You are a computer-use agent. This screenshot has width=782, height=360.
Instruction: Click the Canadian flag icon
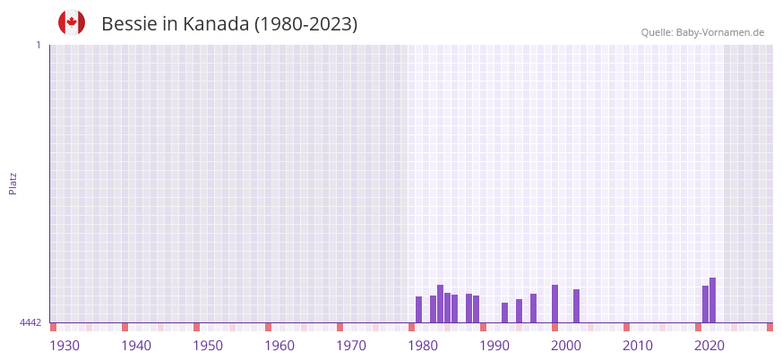pos(72,22)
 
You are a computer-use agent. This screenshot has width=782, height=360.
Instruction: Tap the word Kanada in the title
pos(216,24)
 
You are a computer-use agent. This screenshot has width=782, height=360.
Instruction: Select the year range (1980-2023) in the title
pos(305,24)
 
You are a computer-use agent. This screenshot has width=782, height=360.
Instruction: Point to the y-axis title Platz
pos(13,183)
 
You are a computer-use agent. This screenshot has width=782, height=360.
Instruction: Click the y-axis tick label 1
pos(38,45)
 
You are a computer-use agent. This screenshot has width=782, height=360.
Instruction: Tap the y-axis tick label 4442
pos(30,322)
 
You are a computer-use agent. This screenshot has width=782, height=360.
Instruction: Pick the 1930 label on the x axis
pos(64,346)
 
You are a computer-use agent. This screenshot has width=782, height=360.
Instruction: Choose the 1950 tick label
pos(208,346)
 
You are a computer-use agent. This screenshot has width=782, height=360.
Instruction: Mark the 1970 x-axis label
pos(351,346)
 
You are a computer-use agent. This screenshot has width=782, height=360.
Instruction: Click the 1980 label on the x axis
pos(423,346)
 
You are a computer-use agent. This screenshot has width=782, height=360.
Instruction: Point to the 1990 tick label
pos(494,346)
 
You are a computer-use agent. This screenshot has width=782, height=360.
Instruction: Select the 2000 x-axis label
pos(566,346)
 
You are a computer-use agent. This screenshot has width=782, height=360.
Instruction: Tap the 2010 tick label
pos(638,346)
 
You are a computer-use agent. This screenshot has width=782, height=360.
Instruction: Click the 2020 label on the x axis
pos(709,346)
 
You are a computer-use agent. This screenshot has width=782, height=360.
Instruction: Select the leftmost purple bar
pos(418,309)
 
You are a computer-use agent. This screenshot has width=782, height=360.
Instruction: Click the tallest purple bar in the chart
pos(712,300)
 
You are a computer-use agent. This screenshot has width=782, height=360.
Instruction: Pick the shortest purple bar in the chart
pos(504,313)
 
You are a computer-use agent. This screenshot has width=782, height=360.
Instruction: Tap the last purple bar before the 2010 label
pos(576,305)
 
